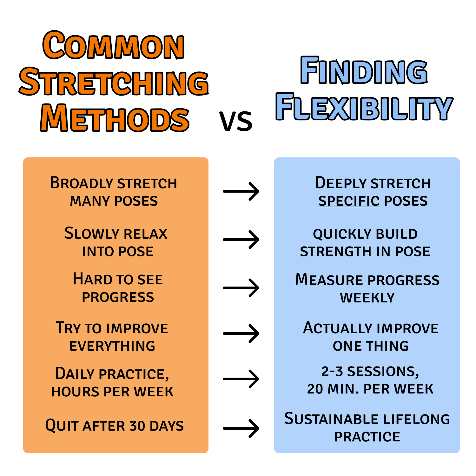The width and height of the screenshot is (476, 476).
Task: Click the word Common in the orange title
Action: (x=113, y=45)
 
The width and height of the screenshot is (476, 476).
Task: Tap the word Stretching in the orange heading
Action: (x=114, y=82)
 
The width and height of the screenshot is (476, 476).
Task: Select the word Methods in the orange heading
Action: (x=115, y=118)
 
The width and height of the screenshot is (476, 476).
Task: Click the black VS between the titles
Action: (x=236, y=121)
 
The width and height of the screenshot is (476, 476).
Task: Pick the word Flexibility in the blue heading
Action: (x=364, y=107)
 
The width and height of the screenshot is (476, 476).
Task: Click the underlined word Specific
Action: (x=349, y=201)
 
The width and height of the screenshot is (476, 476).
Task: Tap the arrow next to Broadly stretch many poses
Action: (x=241, y=191)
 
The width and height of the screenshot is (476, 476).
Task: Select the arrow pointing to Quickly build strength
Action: (x=241, y=239)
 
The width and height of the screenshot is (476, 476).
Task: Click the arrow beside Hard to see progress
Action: (x=241, y=288)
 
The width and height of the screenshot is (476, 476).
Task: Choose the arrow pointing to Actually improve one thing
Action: (x=241, y=334)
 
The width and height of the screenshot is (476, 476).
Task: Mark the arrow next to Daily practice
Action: (x=241, y=379)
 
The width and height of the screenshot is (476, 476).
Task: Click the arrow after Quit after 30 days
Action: (x=241, y=428)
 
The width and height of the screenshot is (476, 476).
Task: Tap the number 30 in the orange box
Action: (x=137, y=426)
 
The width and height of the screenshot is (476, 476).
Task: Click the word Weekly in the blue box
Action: (x=367, y=298)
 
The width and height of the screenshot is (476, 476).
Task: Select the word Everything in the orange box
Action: (x=112, y=346)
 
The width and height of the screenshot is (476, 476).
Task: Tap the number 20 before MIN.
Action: (x=315, y=389)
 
